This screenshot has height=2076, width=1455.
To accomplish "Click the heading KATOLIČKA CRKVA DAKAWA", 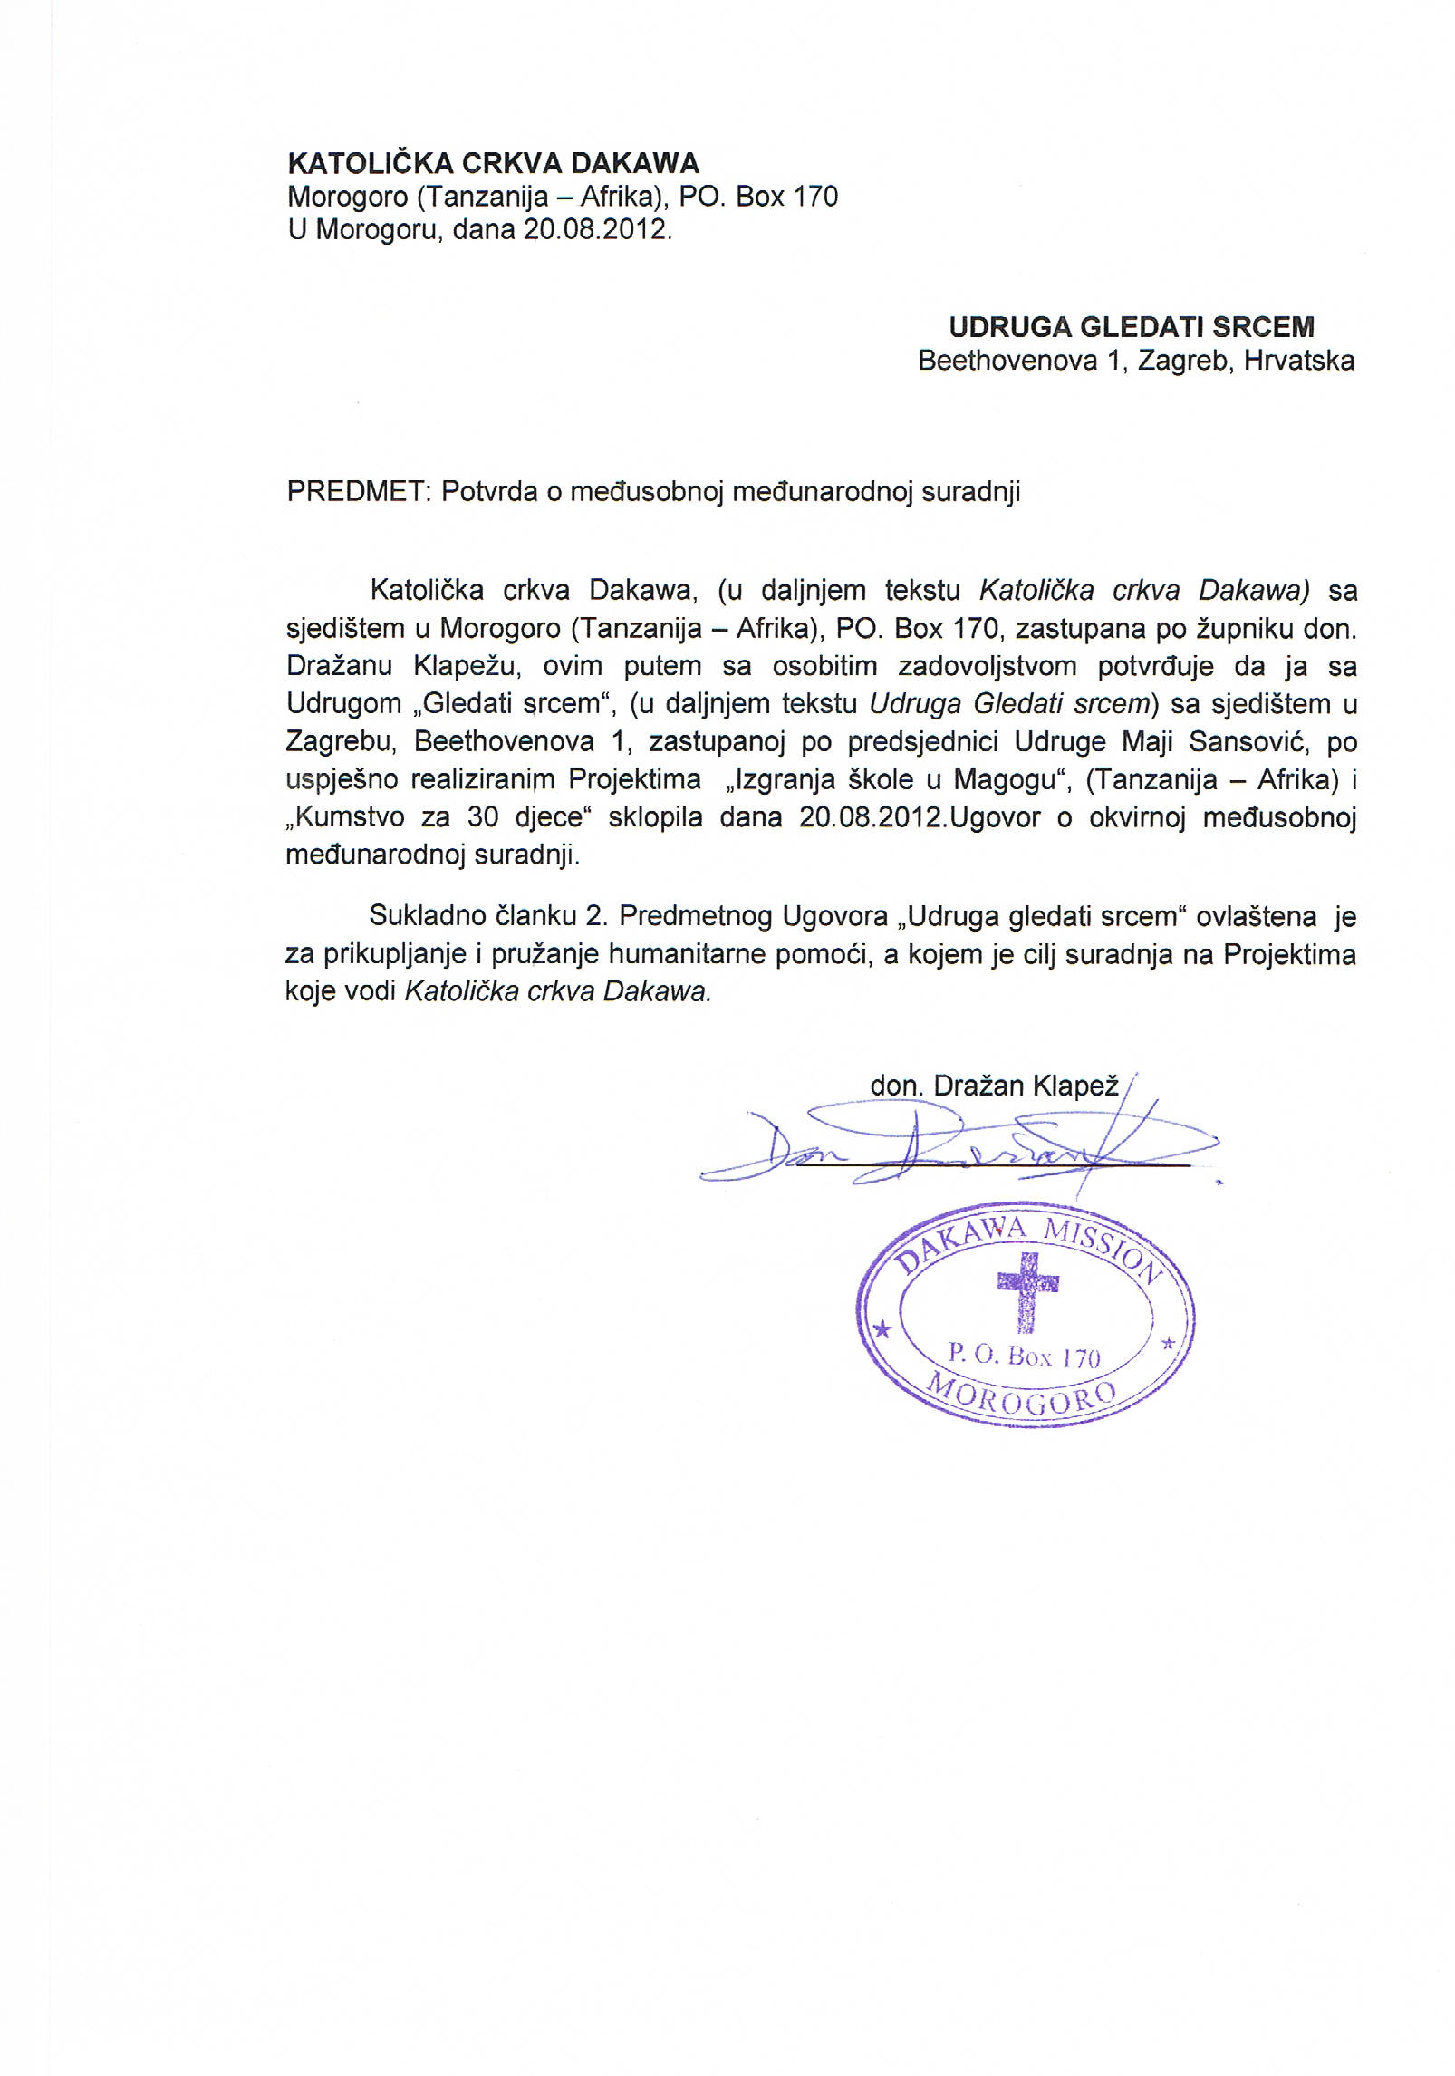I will click(493, 163).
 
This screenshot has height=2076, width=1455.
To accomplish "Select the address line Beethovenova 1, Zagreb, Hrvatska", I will click(1136, 361).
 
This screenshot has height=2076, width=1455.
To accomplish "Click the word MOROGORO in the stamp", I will click(1025, 1403).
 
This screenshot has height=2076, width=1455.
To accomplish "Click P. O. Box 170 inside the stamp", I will click(1024, 1357).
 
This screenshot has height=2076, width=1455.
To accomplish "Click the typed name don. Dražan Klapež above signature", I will click(994, 1086).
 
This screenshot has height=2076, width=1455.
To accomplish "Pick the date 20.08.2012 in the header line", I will click(595, 230).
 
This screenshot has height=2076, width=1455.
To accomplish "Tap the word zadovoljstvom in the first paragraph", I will click(987, 666).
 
